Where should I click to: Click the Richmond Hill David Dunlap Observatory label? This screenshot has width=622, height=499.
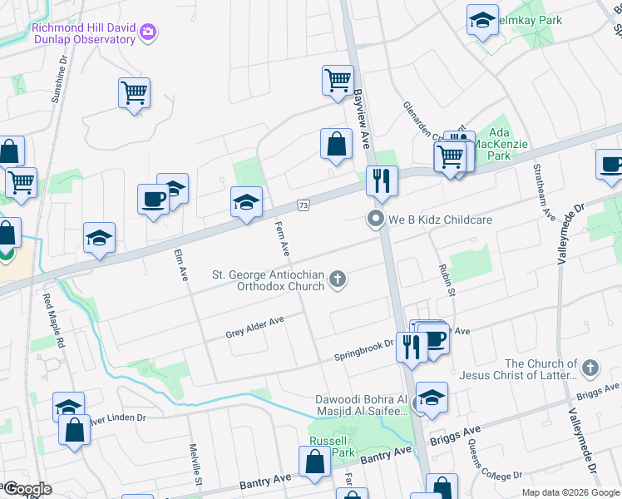click(x=83, y=33)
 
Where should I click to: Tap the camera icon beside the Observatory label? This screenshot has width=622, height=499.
click(x=148, y=32)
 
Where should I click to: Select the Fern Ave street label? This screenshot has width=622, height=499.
click(x=282, y=239)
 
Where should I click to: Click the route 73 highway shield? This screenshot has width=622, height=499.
click(x=304, y=205)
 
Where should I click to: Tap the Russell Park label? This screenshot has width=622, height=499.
click(x=332, y=447)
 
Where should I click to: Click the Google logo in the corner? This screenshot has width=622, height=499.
click(x=27, y=489)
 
